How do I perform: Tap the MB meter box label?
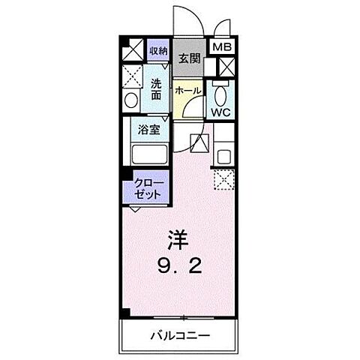point(223,47)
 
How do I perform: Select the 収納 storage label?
point(157,51)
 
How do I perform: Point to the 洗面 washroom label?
point(156,90)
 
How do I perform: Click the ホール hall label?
point(187,90)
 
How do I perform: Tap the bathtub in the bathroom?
point(149,154)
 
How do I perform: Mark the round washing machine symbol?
point(130,100)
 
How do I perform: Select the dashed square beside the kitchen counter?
point(223,178)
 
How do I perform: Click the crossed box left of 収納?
point(133,51)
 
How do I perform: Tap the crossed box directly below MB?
point(224,66)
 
